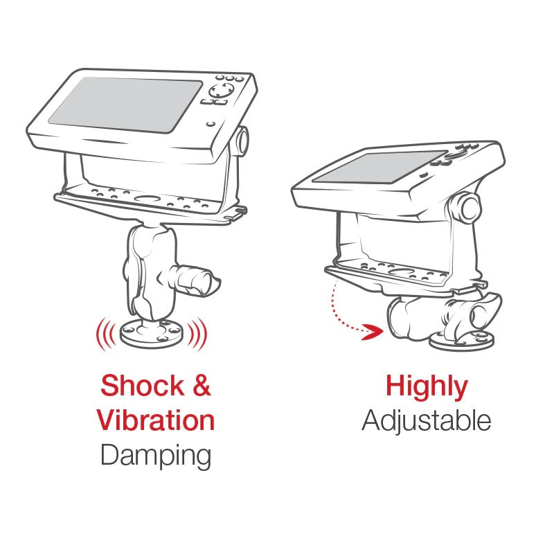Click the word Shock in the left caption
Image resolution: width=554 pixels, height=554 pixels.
(x=142, y=386)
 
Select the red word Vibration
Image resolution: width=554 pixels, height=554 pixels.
(x=156, y=420)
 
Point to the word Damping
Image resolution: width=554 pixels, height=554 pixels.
(x=156, y=456)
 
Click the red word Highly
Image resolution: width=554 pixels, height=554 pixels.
(x=427, y=388)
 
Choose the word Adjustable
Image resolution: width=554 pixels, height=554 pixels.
(x=427, y=421)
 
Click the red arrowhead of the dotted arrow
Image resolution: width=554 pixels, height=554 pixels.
(x=373, y=332)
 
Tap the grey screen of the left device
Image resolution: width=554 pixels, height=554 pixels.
(x=125, y=105)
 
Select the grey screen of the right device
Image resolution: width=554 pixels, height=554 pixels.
(x=380, y=167)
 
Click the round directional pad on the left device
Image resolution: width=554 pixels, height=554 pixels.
(x=221, y=91)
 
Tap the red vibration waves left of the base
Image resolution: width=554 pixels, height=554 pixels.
(x=106, y=334)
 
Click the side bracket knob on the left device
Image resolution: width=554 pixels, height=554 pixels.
(x=242, y=141)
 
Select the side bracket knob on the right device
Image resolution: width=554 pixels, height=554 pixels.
(x=465, y=208)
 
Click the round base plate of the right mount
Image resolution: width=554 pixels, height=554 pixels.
(x=462, y=341)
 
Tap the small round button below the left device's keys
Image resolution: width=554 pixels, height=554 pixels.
(x=211, y=124)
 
